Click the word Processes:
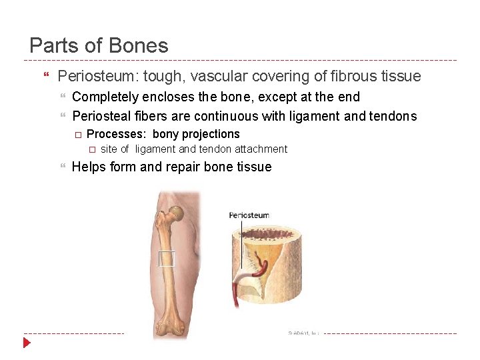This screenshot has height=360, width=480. (x=117, y=134)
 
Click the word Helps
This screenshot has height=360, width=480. (x=88, y=167)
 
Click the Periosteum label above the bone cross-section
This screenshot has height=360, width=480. (x=249, y=215)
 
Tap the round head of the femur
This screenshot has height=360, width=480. (x=177, y=214)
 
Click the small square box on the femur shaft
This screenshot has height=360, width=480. (x=167, y=259)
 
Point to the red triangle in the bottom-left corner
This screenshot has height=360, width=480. (x=27, y=343)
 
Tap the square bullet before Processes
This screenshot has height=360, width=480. (x=77, y=135)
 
